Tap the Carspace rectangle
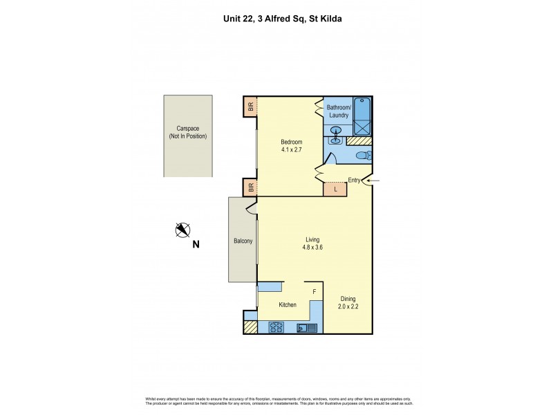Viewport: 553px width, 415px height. pyautogui.click(x=187, y=135)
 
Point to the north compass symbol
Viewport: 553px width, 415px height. pyautogui.click(x=182, y=230)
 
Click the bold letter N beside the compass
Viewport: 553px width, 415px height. pyautogui.click(x=196, y=243)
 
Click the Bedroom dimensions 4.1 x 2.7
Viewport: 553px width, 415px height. pyautogui.click(x=291, y=149)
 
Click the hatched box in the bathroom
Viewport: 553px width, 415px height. pyautogui.click(x=358, y=140)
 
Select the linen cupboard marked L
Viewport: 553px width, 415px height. pyautogui.click(x=335, y=188)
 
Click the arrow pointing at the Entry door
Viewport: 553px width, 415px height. pyautogui.click(x=372, y=181)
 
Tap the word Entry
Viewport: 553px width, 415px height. pyautogui.click(x=355, y=181)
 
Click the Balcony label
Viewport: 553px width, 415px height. pyautogui.click(x=243, y=241)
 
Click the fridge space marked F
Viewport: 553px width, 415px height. pyautogui.click(x=315, y=292)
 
